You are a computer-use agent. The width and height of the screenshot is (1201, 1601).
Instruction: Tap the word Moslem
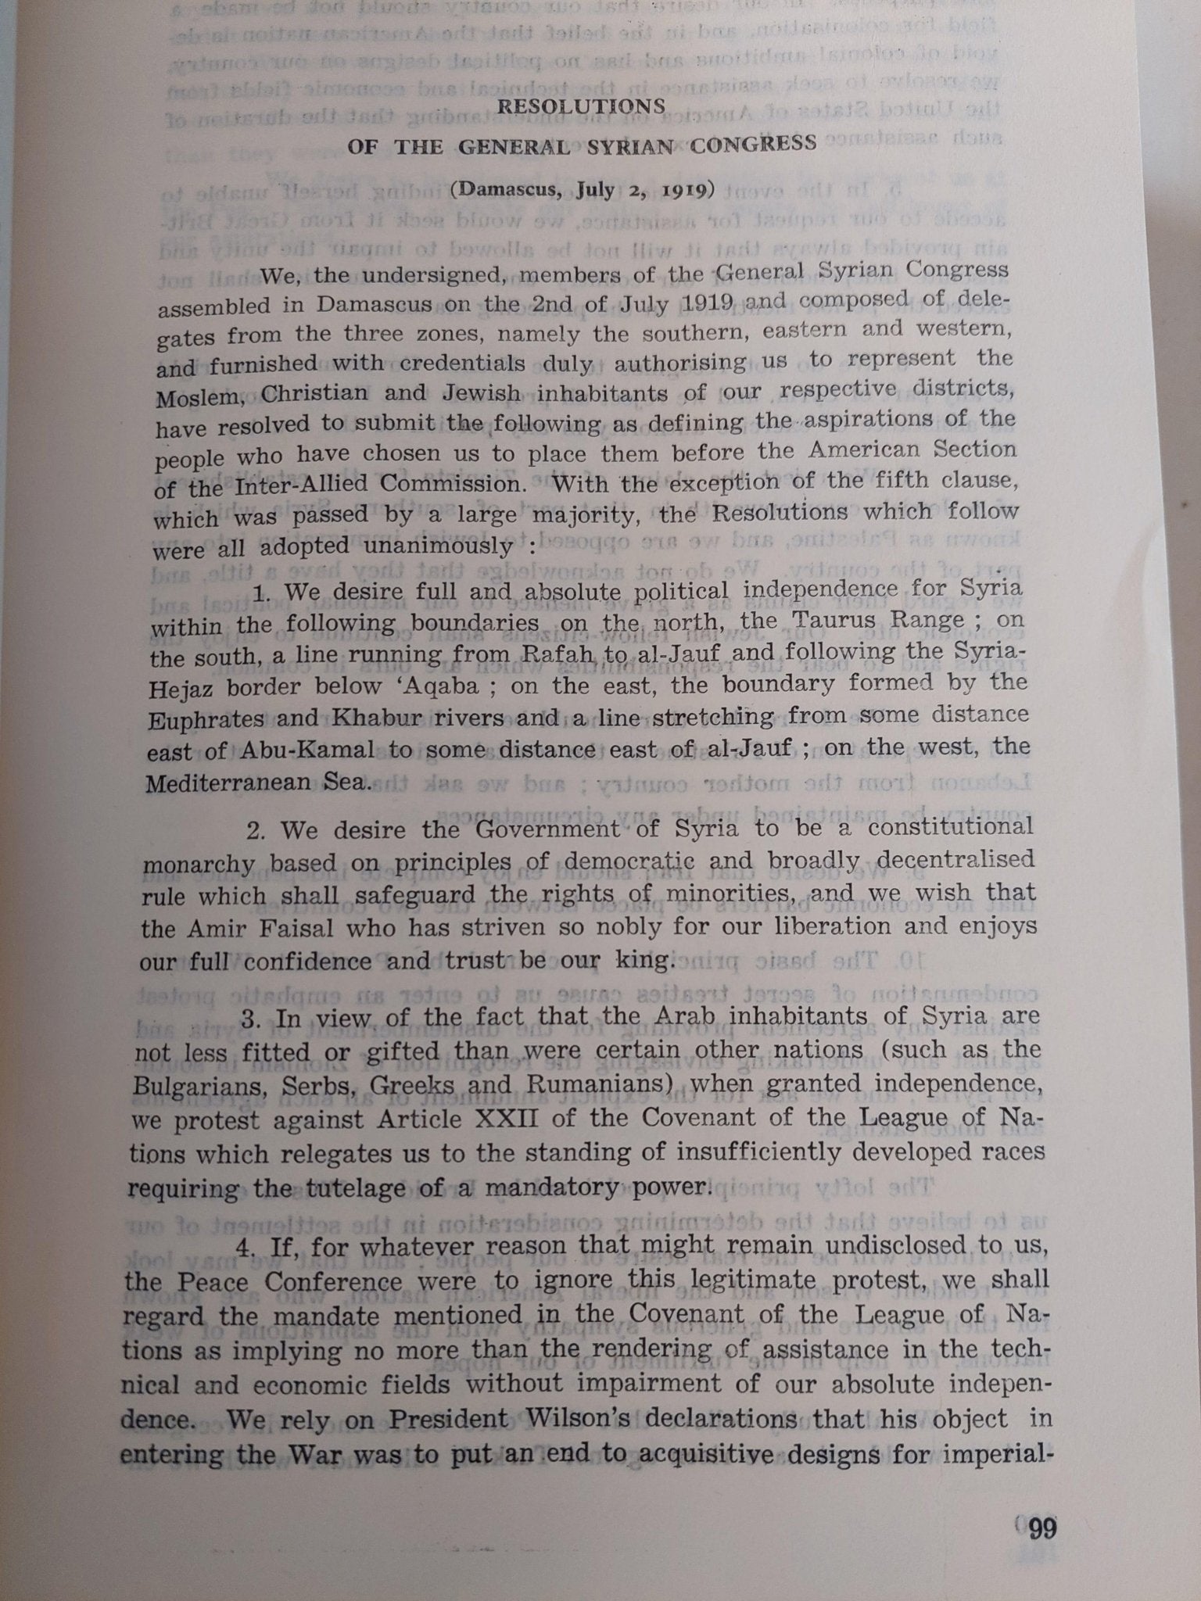point(197,398)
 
